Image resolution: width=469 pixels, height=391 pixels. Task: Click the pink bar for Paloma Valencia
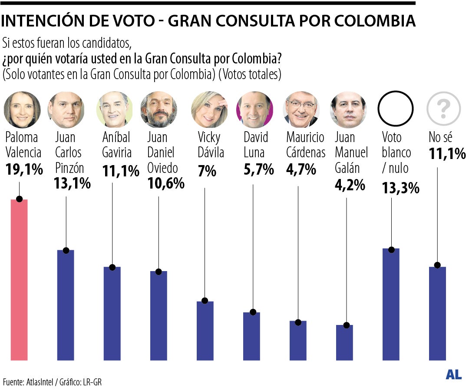(x=19, y=280)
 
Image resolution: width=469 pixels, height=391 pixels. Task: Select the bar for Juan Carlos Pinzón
(x=66, y=305)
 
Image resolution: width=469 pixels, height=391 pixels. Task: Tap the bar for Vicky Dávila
(x=205, y=331)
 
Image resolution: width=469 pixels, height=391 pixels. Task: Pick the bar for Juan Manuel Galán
(x=344, y=342)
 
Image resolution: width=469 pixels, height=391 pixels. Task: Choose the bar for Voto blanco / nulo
(x=391, y=305)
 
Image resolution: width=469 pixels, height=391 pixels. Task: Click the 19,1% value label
(x=24, y=169)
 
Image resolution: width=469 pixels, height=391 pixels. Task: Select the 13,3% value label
(x=400, y=188)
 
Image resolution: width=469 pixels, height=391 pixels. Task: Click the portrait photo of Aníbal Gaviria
(x=114, y=110)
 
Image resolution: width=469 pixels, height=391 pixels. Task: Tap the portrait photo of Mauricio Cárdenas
(x=301, y=110)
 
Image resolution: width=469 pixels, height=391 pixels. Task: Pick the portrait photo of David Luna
(x=254, y=110)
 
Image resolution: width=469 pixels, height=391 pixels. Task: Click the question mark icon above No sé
(x=443, y=110)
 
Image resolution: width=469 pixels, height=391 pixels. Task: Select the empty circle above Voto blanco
(x=396, y=110)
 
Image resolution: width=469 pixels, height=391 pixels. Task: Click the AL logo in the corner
(x=453, y=375)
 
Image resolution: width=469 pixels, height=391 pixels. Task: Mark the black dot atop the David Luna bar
(x=253, y=312)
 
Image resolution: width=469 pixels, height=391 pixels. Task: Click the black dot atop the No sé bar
(x=437, y=265)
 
